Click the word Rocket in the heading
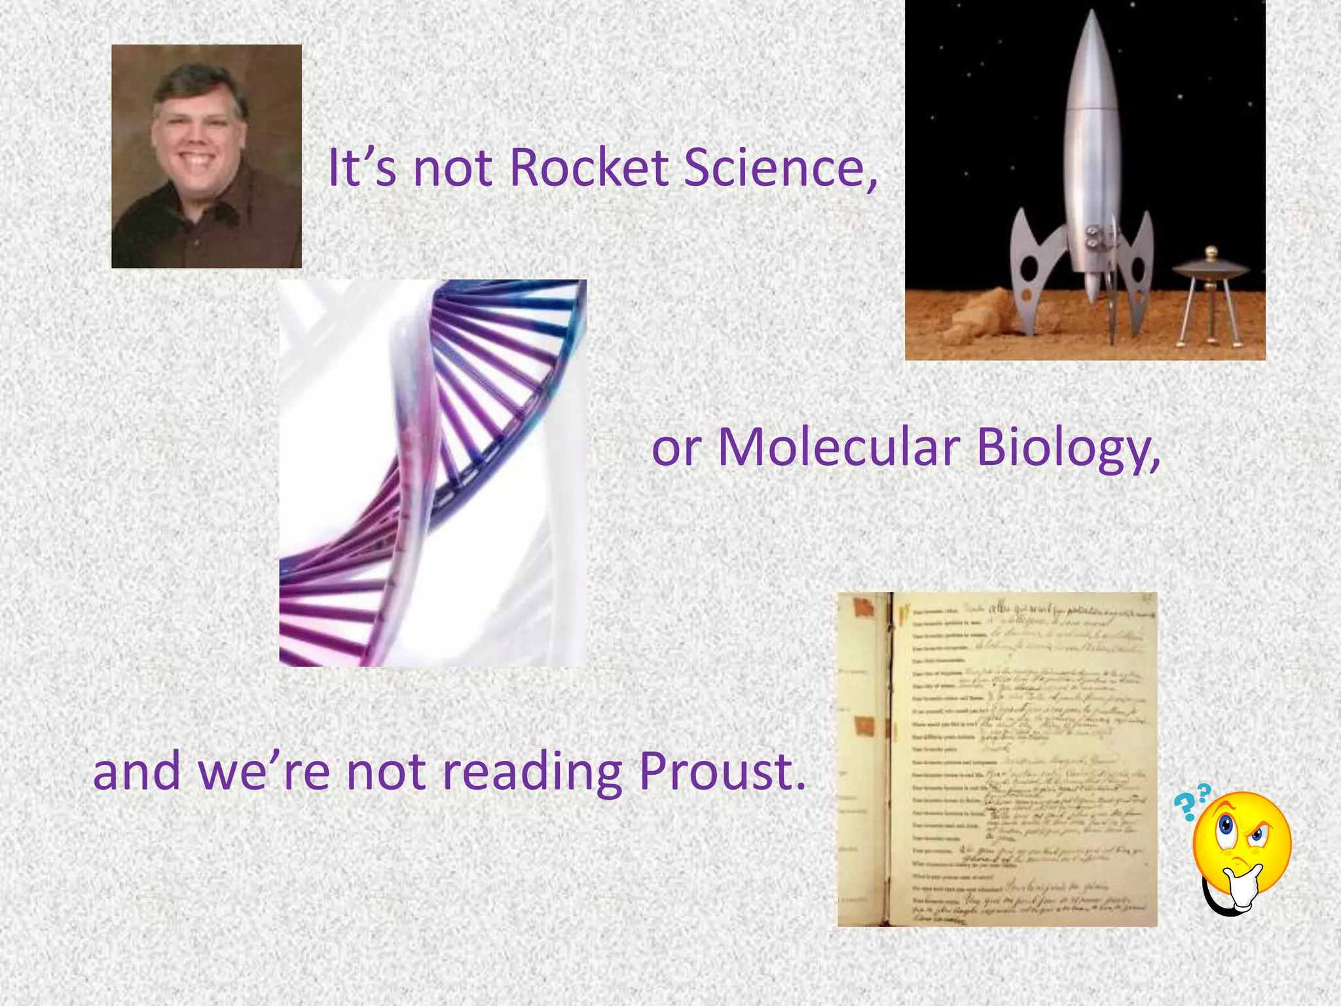(x=588, y=168)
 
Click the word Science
(x=779, y=168)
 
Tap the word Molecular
(x=839, y=448)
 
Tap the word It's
(x=361, y=168)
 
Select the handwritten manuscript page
(x=1021, y=760)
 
